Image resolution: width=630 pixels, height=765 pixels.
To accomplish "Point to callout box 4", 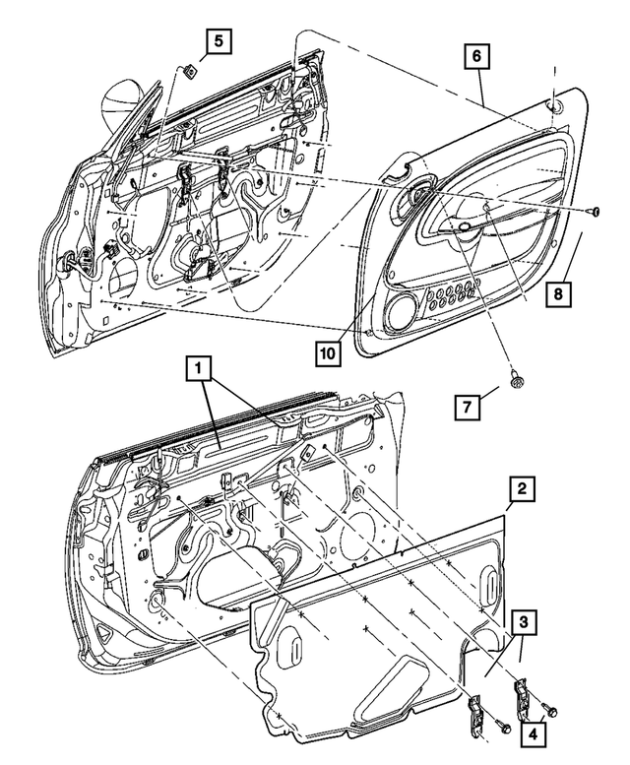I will pos(534,733).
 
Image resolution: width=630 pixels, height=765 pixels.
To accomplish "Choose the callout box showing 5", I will pos(219,40).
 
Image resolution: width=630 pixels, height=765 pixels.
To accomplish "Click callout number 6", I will pos(475,58).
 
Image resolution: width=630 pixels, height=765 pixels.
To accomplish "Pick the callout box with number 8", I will pos(556,292).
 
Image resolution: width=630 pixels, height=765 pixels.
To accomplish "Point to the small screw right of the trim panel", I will pos(595,212).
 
